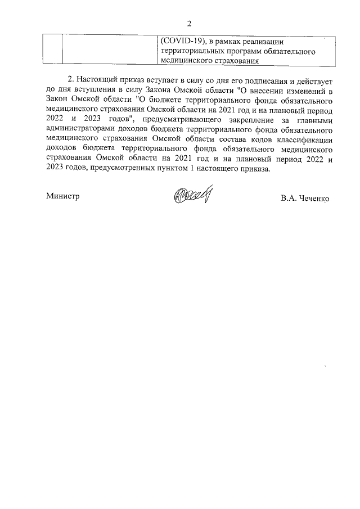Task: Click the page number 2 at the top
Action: point(189,23)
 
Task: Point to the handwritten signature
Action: point(194,196)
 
